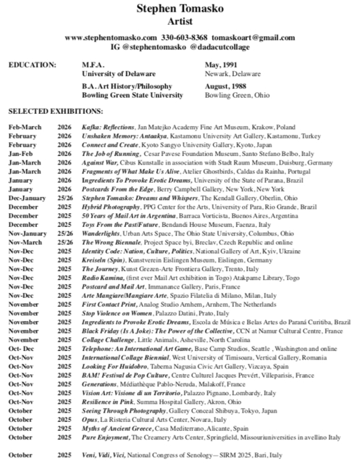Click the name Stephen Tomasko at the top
pyautogui.click(x=180, y=9)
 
